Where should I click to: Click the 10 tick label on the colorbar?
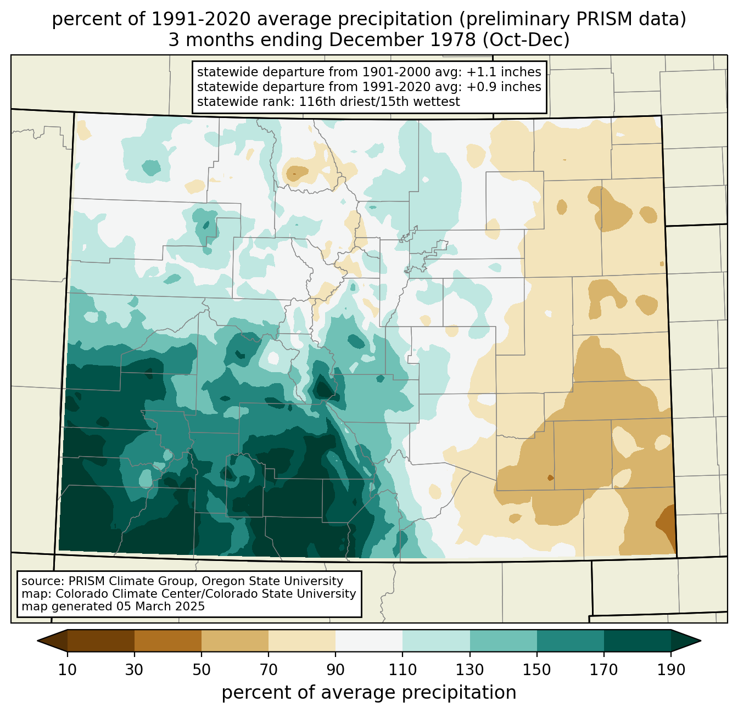(x=68, y=670)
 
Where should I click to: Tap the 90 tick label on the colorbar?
(x=336, y=670)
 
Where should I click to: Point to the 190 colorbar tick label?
(x=670, y=670)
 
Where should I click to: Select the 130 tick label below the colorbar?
(x=470, y=670)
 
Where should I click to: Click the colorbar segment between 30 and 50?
(x=168, y=641)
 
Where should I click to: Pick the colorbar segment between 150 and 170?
(x=571, y=641)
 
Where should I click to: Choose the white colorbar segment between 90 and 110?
(x=369, y=641)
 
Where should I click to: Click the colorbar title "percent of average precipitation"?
(x=369, y=693)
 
